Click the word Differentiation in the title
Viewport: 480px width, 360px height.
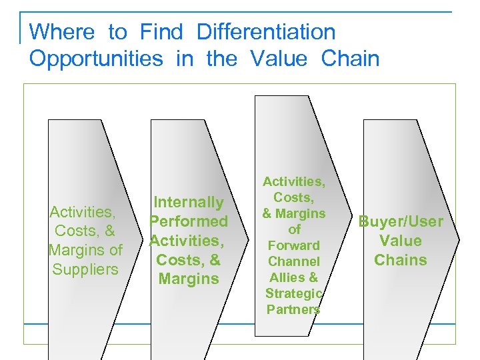pos(266,31)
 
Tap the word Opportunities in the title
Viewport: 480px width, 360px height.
pos(96,59)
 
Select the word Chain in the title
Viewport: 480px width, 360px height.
pos(350,59)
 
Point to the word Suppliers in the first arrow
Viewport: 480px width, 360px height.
pos(85,269)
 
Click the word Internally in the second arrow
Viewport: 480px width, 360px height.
pos(189,202)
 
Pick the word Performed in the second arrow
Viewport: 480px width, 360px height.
pos(189,221)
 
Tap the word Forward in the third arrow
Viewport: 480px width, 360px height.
pos(294,245)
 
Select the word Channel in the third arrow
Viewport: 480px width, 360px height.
pos(294,261)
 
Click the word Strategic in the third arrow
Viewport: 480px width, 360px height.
pos(294,293)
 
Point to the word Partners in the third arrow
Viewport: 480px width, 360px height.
pos(294,309)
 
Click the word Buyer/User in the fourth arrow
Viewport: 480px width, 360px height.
pos(401,221)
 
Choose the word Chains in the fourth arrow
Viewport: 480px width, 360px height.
pos(401,260)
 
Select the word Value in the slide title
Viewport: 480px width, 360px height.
pos(279,59)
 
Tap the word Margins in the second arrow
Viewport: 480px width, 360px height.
pos(189,279)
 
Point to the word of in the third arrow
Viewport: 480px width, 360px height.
pos(294,229)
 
